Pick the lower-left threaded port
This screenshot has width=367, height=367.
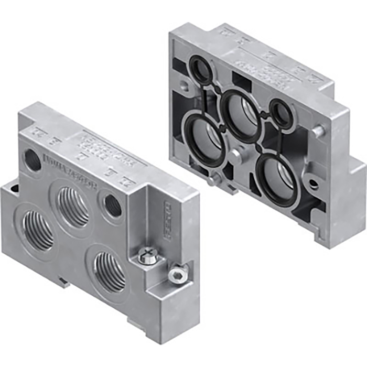pyautogui.click(x=38, y=230)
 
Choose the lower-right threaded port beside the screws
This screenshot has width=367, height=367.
pyautogui.click(x=110, y=272)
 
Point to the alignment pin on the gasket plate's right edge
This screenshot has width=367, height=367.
pyautogui.click(x=318, y=128)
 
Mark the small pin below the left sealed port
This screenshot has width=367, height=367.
pyautogui.click(x=212, y=181)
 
